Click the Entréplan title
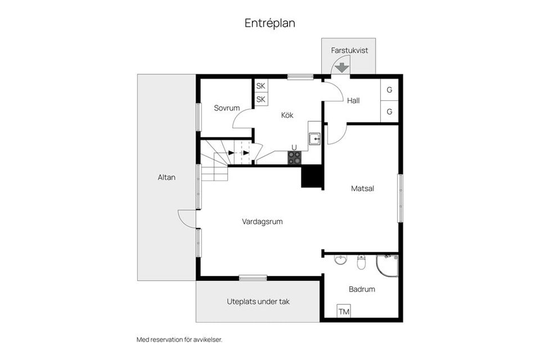[x=269, y=23]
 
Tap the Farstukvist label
[x=349, y=50]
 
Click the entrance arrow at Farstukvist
[x=340, y=68]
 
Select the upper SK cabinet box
[x=261, y=86]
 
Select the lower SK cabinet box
[x=261, y=100]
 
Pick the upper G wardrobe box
[x=389, y=90]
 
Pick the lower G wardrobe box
[x=389, y=112]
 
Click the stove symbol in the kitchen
[x=294, y=158]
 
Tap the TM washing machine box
[x=344, y=311]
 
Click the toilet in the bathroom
[x=362, y=261]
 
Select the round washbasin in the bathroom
[x=340, y=260]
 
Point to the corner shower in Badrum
[x=388, y=265]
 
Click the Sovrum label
[x=227, y=108]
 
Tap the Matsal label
[x=362, y=189]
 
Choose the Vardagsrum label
[x=262, y=222]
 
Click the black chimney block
[x=311, y=177]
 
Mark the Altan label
[x=166, y=177]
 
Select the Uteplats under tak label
[x=258, y=301]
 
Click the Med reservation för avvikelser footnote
[x=179, y=340]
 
